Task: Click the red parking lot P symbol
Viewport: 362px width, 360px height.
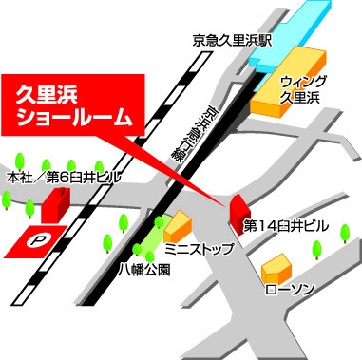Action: (38, 241)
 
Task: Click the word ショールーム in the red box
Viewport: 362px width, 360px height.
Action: (77, 119)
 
